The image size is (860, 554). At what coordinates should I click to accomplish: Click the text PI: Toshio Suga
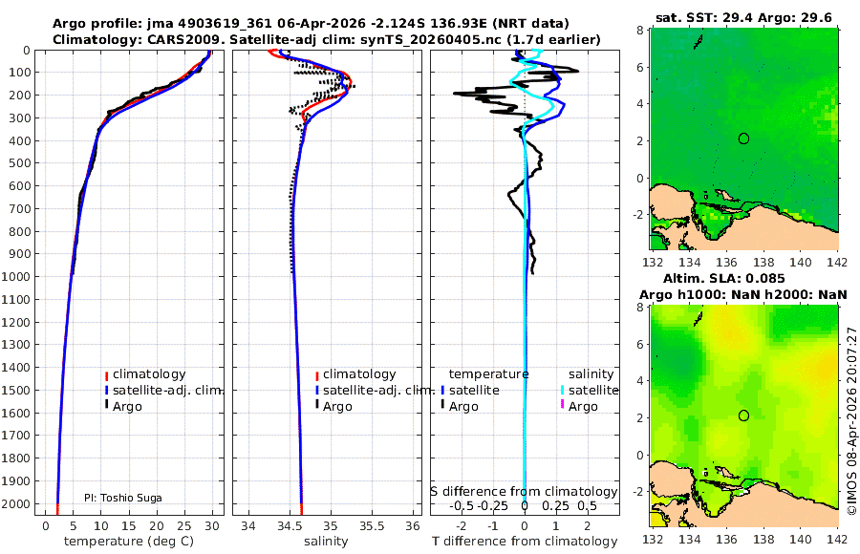click(x=122, y=498)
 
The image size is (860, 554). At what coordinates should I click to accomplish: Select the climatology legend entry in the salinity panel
click(x=358, y=374)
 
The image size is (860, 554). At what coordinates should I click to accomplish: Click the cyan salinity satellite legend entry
click(x=592, y=391)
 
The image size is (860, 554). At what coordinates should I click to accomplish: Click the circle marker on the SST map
click(x=743, y=138)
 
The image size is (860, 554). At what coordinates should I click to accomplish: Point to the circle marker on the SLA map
click(x=743, y=415)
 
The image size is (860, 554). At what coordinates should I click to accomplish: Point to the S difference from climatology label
click(x=524, y=491)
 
